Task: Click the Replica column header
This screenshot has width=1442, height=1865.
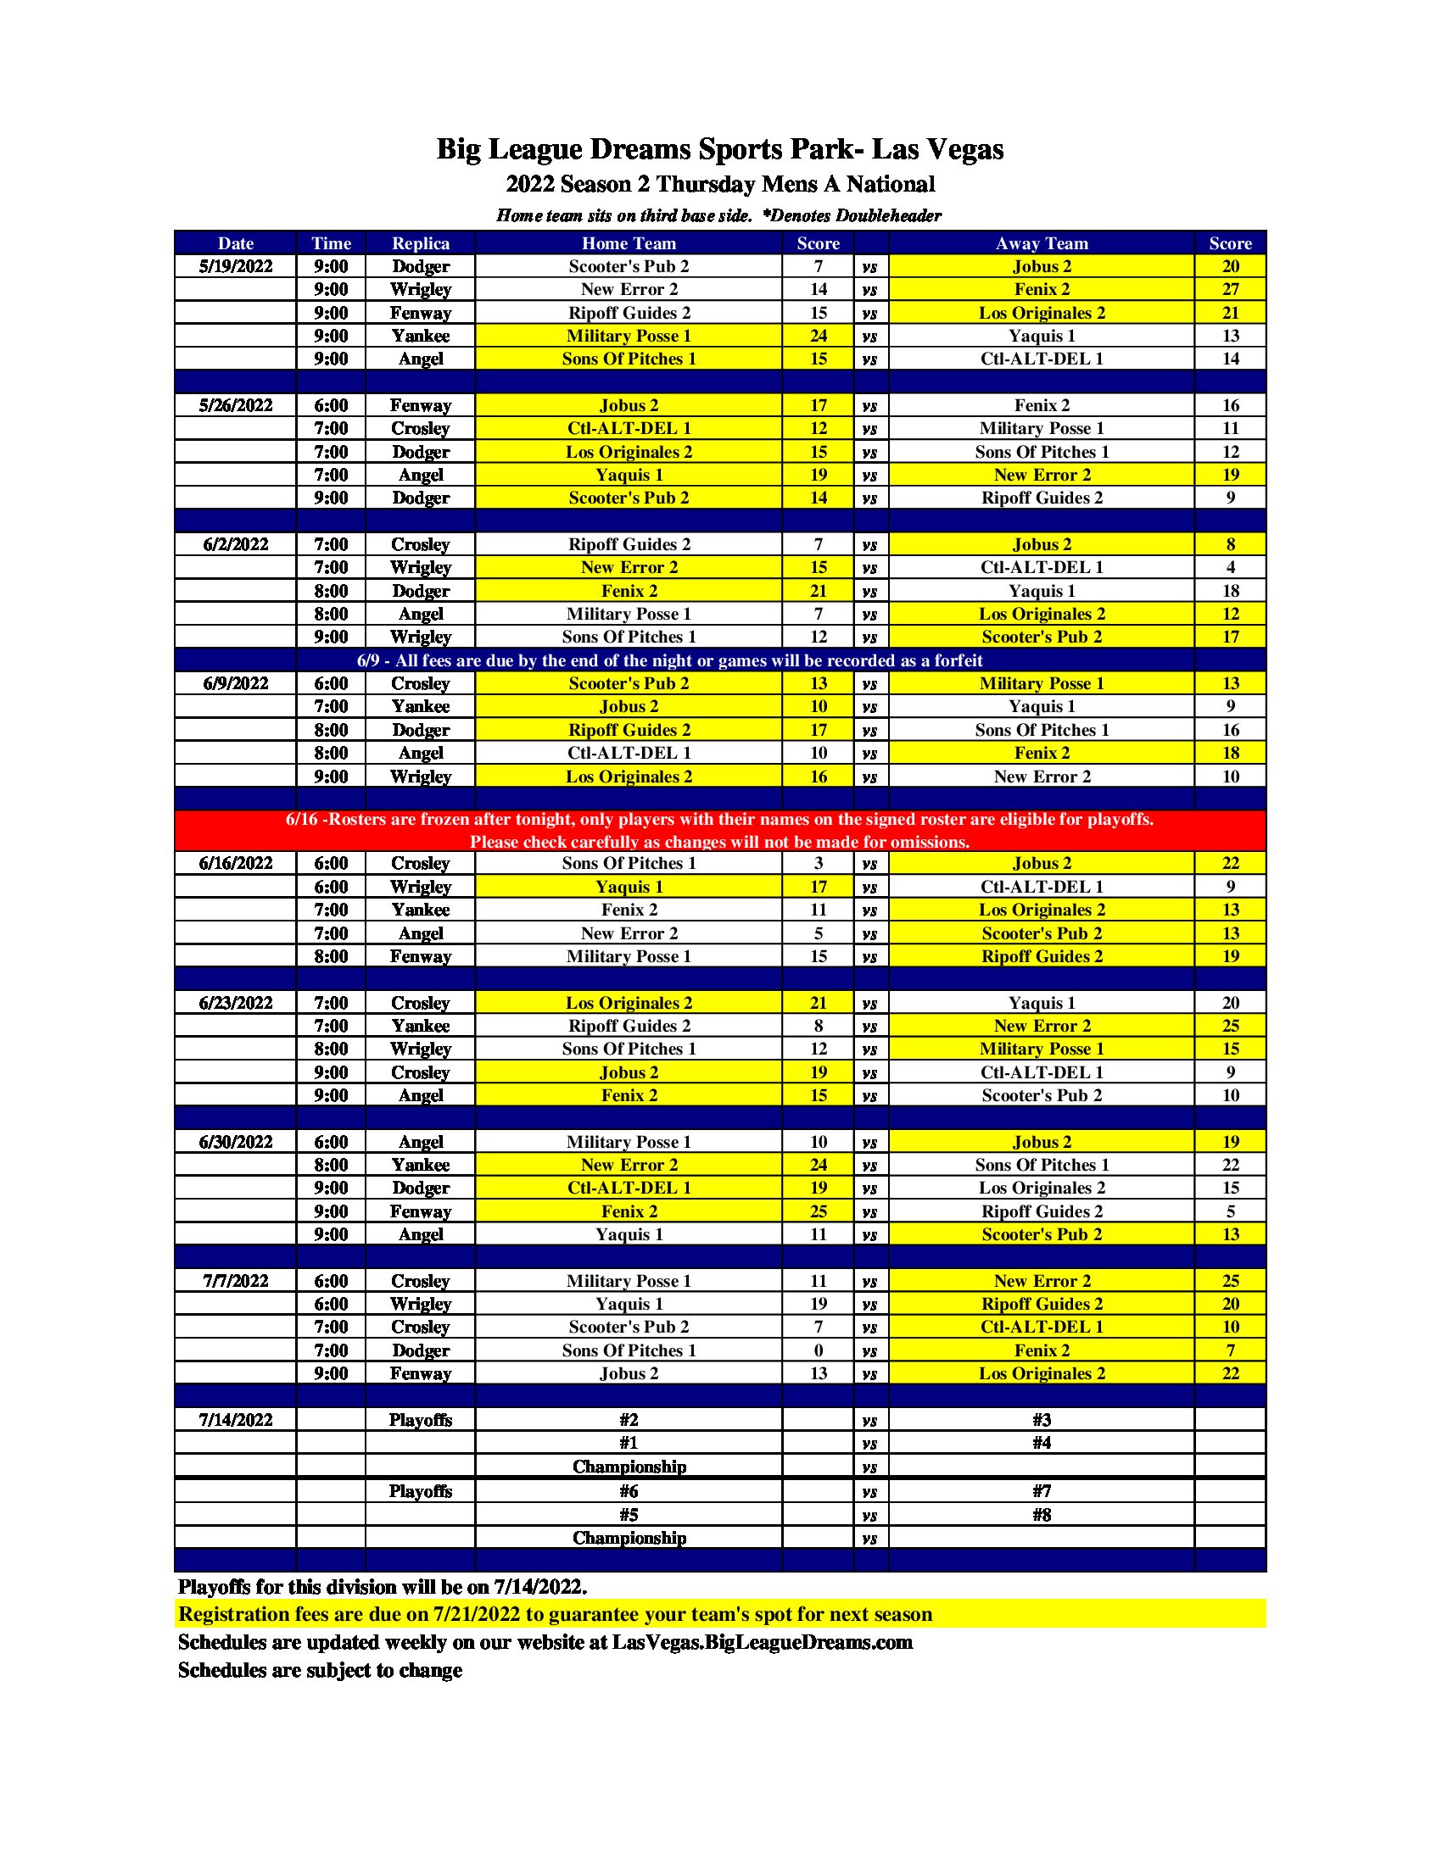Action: [419, 243]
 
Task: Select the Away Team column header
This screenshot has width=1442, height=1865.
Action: [1042, 243]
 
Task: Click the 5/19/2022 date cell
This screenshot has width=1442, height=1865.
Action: [236, 266]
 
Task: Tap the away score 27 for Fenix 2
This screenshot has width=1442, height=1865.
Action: [1230, 289]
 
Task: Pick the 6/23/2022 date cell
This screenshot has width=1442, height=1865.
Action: [236, 1003]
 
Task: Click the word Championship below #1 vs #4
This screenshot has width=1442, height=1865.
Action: [629, 1467]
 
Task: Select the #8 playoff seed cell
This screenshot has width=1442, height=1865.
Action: [1042, 1515]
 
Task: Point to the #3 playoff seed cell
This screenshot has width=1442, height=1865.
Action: [1042, 1420]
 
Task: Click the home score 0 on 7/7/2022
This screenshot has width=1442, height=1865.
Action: [818, 1350]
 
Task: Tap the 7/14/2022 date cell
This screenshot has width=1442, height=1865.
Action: [236, 1420]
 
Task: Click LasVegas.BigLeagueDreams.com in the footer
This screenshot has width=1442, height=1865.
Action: [762, 1642]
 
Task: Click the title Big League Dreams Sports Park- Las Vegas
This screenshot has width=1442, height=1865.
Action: [720, 149]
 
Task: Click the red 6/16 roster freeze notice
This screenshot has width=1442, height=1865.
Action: [720, 830]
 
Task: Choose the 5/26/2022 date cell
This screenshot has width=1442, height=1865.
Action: [236, 405]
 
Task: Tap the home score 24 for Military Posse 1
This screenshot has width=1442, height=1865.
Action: [818, 336]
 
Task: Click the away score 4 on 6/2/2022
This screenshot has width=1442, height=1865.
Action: [1230, 567]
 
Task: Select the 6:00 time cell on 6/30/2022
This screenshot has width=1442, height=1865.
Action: [331, 1142]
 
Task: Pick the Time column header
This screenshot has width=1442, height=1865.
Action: [331, 243]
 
